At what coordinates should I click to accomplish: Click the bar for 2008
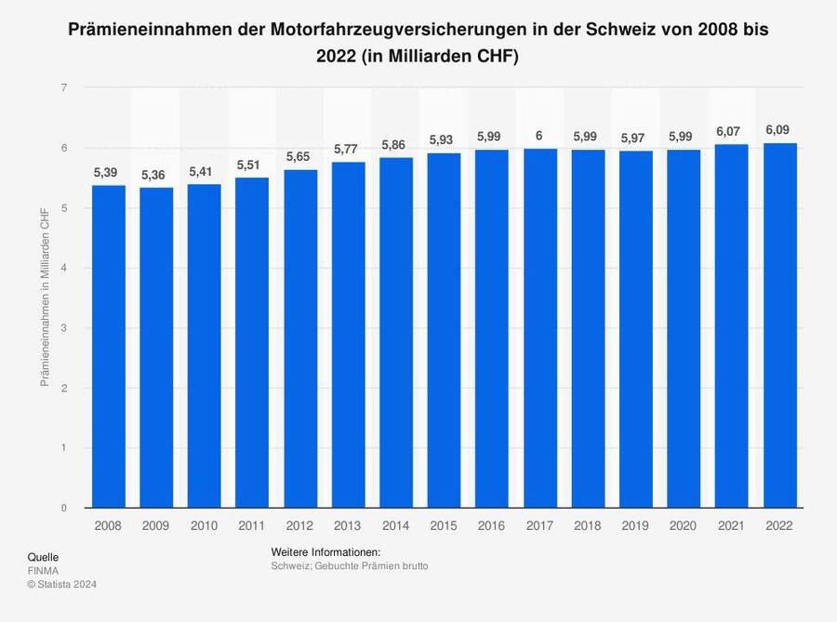point(108,346)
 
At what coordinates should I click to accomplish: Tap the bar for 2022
point(779,325)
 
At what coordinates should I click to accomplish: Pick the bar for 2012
point(299,338)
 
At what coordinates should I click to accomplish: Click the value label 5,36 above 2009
point(156,175)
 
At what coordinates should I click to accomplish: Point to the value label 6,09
point(779,130)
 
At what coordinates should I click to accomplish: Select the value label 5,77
point(348,149)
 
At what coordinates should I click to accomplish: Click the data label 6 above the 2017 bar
point(539,136)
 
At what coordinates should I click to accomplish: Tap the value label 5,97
point(635,138)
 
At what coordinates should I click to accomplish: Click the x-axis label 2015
point(444,525)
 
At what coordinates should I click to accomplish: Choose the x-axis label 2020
point(684,525)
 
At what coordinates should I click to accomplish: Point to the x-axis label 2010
point(204,525)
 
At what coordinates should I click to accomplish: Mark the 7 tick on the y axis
point(63,88)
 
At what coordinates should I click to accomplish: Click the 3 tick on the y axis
point(63,328)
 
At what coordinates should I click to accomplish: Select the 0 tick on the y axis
point(63,509)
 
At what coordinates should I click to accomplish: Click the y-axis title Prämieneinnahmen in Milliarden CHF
point(45,298)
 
